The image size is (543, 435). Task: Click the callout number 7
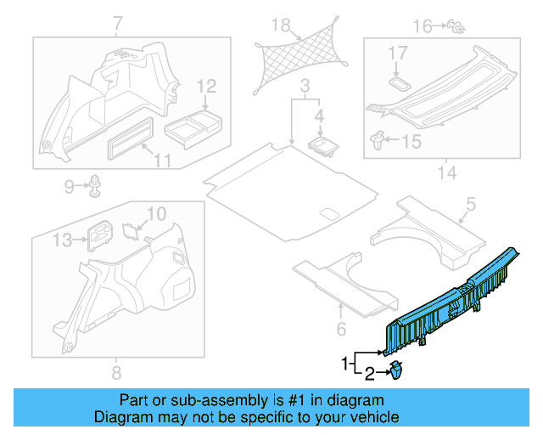tap(117, 22)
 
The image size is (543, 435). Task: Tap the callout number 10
tap(158, 212)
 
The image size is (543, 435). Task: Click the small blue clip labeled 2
tap(396, 370)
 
